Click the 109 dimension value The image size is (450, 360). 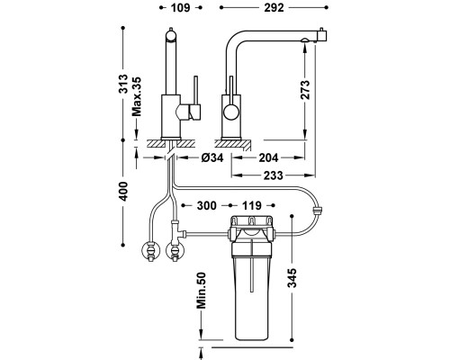181,8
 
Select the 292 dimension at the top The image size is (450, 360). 274,8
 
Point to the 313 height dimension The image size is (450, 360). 123,84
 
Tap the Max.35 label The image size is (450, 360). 137,96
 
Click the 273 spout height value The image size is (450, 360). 305,89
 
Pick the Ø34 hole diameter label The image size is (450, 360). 212,157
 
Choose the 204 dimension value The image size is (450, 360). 268,157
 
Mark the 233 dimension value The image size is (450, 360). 274,175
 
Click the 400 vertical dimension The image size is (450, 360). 123,192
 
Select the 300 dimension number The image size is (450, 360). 206,205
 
